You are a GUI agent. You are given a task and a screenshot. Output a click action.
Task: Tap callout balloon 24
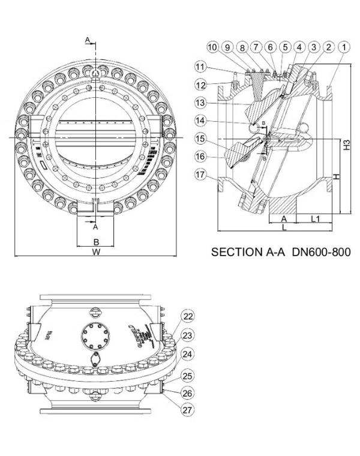pyautogui.click(x=188, y=353)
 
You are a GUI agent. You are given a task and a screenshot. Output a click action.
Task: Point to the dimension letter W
pyautogui.click(x=96, y=253)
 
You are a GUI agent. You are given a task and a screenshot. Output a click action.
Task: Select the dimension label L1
pyautogui.click(x=314, y=220)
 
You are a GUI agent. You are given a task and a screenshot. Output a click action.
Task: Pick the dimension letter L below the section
pyautogui.click(x=283, y=229)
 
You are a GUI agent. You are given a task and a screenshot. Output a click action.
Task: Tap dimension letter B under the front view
pyautogui.click(x=95, y=242)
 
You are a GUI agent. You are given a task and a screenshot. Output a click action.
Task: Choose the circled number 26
pyautogui.click(x=188, y=393)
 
